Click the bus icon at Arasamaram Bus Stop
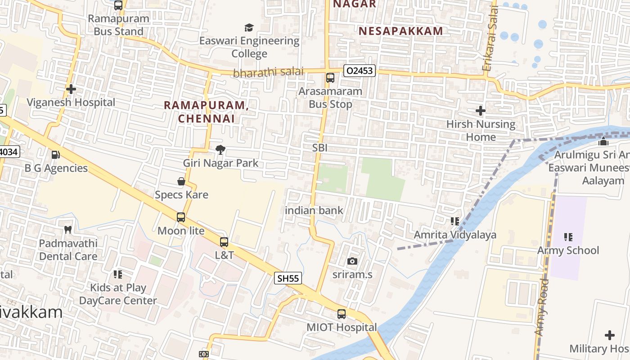click(330, 78)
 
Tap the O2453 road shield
click(360, 71)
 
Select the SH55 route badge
click(288, 278)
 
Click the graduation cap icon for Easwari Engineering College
click(249, 28)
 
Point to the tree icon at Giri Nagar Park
click(220, 150)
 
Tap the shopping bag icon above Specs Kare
click(181, 181)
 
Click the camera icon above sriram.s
click(352, 261)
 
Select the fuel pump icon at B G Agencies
click(56, 155)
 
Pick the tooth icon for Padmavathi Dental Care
click(68, 229)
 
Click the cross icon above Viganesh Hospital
click(71, 89)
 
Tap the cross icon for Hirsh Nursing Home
click(481, 111)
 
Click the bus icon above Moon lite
click(181, 217)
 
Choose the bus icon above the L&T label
click(224, 242)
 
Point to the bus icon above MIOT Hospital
click(342, 314)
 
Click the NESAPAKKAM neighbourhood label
click(401, 31)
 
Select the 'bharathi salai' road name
click(268, 72)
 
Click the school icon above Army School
click(568, 237)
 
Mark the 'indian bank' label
click(314, 210)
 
